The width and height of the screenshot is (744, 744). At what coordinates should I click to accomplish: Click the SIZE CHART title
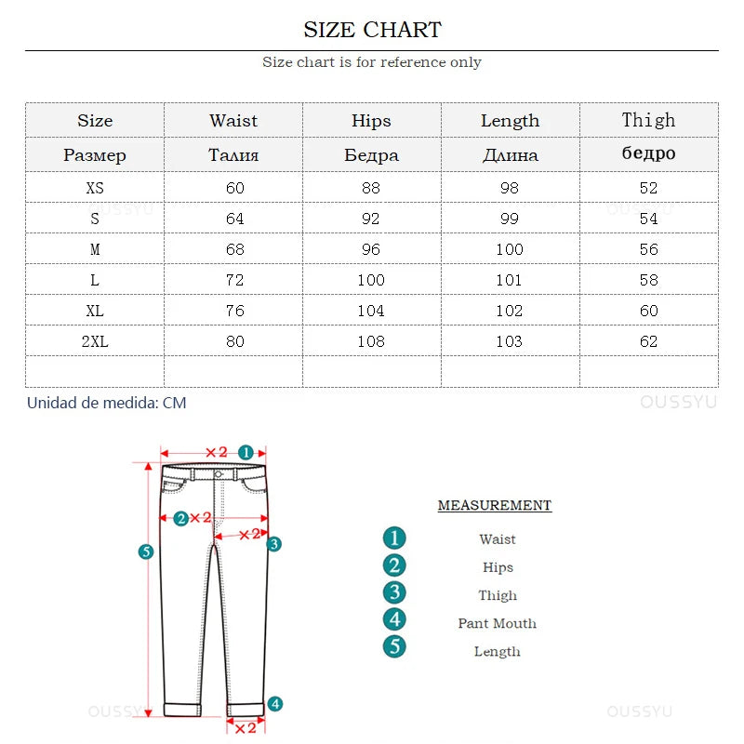372,30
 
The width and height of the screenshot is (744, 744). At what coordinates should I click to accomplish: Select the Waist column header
233,121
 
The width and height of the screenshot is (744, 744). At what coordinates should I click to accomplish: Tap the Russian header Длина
510,155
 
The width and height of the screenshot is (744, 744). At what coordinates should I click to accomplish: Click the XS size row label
95,188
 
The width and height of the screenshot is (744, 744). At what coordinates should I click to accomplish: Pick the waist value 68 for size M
235,249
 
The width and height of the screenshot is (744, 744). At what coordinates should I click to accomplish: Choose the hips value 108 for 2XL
371,341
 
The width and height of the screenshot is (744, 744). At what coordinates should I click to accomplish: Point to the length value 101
510,280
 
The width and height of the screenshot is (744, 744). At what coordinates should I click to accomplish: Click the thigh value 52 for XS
648,188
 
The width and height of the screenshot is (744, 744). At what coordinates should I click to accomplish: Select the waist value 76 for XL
235,311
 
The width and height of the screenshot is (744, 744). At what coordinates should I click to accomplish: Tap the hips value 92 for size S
371,219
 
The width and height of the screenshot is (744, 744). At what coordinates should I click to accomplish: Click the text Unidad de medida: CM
106,403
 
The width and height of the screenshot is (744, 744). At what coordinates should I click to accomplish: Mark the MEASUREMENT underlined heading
495,506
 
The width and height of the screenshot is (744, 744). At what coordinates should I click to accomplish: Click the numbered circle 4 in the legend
395,620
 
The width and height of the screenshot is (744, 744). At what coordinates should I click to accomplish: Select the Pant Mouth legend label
497,623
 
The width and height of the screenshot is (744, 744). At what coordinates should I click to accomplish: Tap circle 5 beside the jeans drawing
146,551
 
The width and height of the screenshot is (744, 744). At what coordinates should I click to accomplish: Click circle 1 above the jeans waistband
246,452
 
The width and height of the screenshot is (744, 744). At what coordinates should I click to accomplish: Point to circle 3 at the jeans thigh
274,544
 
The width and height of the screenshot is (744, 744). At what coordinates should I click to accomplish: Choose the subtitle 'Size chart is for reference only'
372,62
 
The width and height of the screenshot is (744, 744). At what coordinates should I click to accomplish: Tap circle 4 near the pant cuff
275,704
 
